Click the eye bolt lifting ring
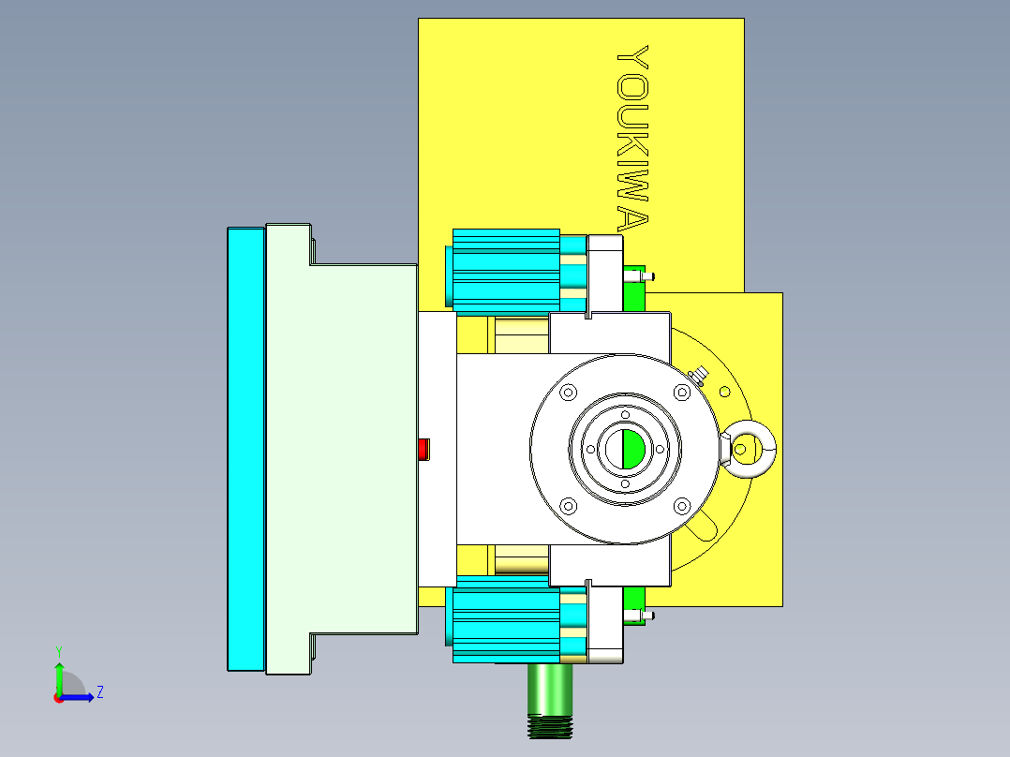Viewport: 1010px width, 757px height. click(751, 449)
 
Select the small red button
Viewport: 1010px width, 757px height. click(423, 449)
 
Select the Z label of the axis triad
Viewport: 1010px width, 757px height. click(99, 692)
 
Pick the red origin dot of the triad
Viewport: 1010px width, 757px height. click(58, 697)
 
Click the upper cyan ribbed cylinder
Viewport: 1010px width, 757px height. click(506, 270)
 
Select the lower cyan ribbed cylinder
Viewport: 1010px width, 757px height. click(506, 622)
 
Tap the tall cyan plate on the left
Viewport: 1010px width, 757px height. click(245, 449)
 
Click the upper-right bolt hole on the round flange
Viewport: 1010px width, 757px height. click(681, 393)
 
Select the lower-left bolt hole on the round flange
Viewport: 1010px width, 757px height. click(567, 507)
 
